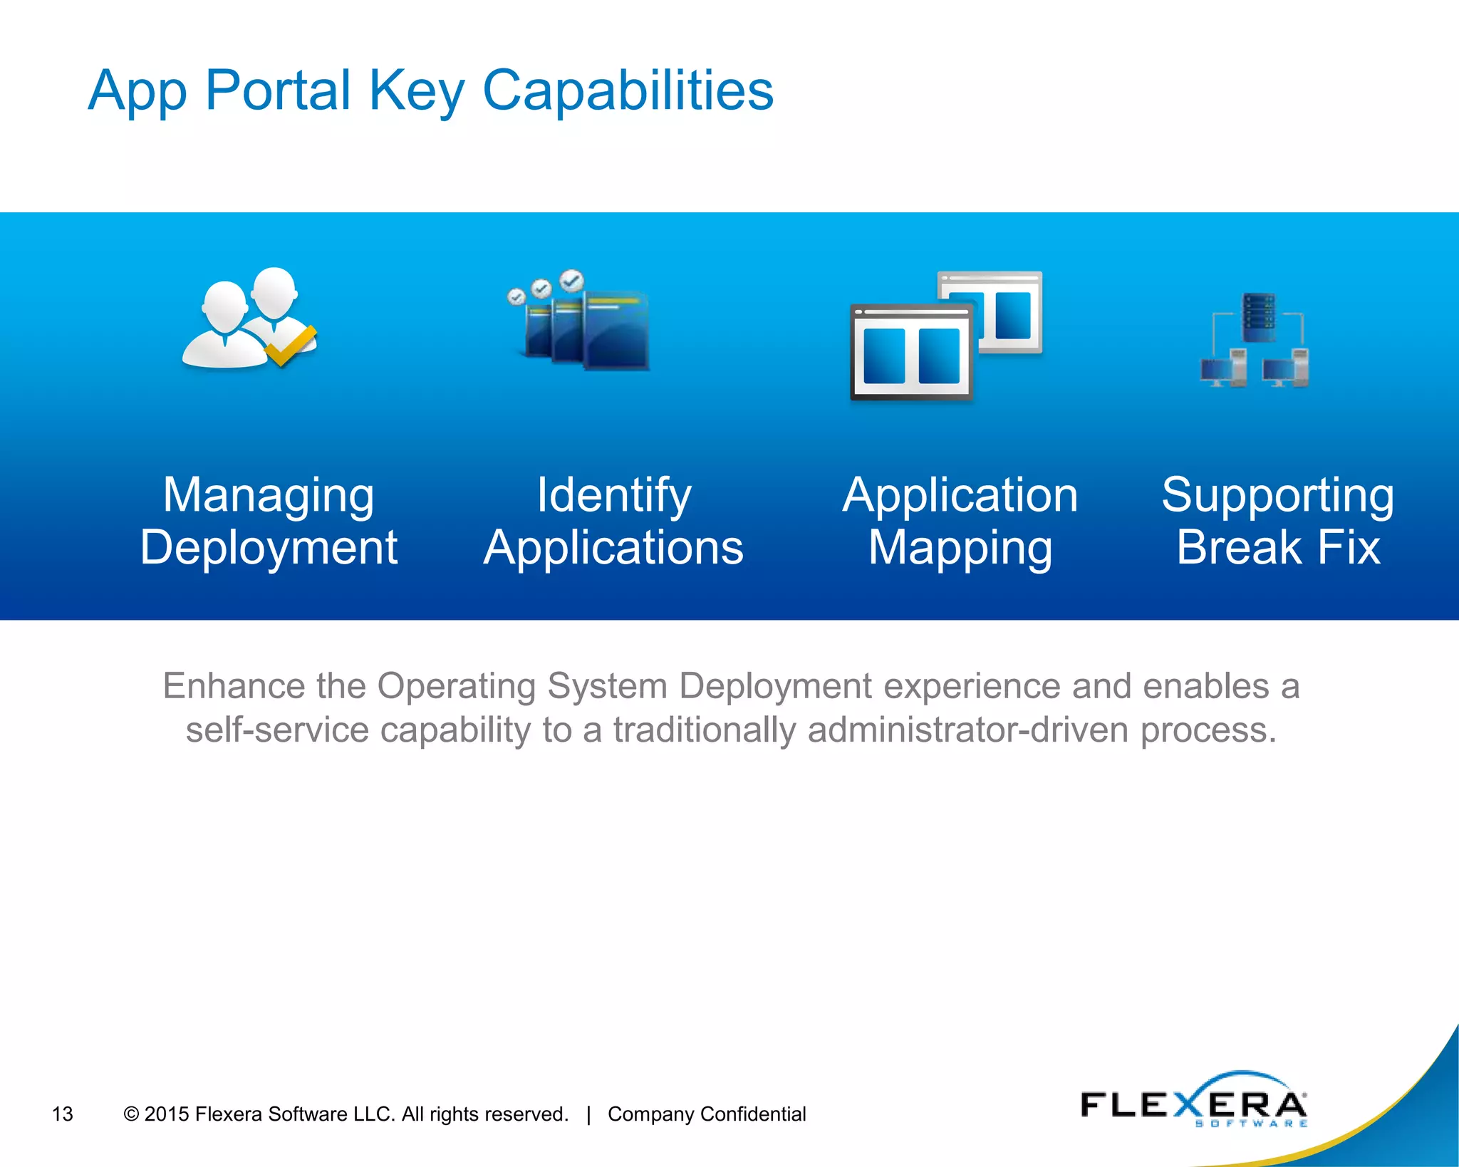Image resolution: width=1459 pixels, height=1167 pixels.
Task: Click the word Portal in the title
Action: pos(278,90)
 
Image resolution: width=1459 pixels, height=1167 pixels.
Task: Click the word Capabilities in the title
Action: pos(628,90)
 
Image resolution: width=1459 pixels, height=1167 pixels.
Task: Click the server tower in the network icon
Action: pos(1259,318)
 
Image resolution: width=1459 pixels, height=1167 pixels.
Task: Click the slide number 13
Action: pos(63,1114)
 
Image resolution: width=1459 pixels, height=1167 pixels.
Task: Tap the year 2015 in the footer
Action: pos(166,1114)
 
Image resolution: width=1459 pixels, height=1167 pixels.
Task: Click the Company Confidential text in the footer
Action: pos(706,1114)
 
